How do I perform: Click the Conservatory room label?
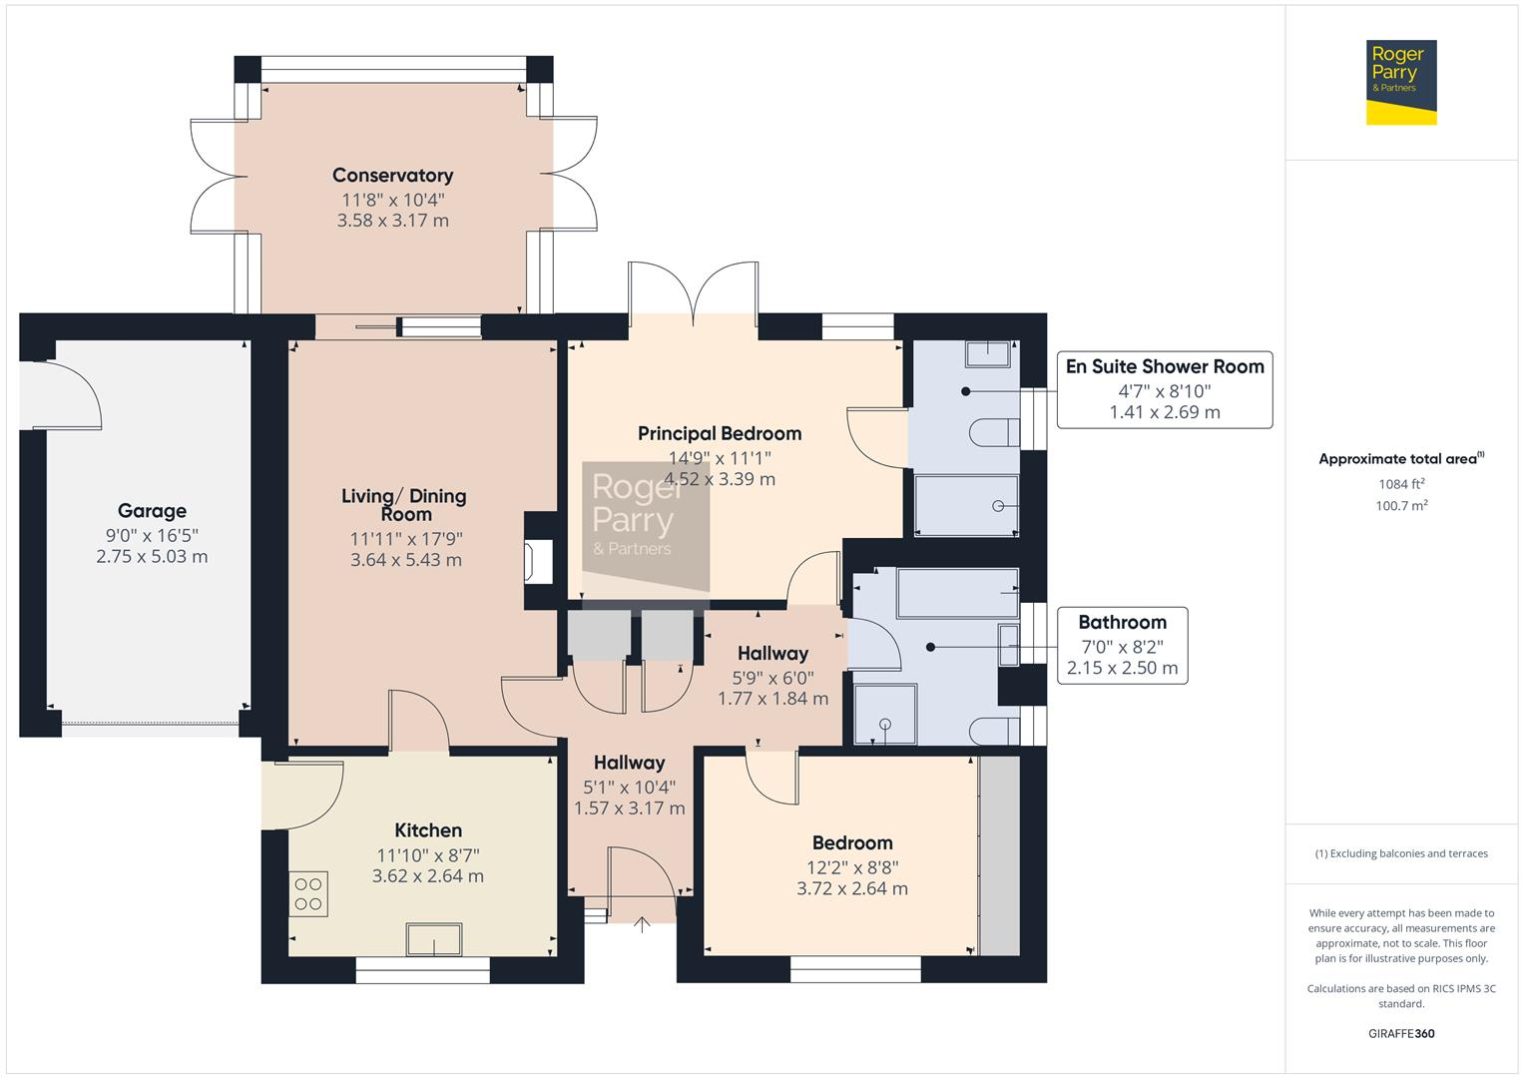392,176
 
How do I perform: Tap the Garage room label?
152,511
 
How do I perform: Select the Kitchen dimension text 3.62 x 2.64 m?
427,876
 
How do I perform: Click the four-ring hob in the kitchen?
308,894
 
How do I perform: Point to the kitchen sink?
434,940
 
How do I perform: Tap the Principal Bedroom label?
719,433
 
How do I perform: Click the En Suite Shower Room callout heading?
1164,366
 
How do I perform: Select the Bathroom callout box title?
1122,622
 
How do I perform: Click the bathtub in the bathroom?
958,593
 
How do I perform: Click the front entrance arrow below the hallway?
642,924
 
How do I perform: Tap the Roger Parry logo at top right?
1400,82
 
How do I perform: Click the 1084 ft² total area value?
1400,484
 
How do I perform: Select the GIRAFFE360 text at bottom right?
1400,1033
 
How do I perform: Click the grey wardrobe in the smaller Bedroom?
999,854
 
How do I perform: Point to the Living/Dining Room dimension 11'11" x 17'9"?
405,539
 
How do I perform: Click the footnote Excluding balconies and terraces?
1400,853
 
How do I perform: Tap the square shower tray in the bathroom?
885,714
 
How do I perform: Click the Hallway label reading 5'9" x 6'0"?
772,676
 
